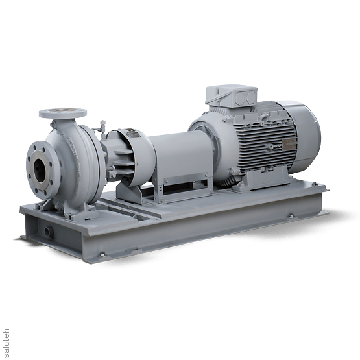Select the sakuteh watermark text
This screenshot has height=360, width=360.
pyautogui.click(x=6, y=337)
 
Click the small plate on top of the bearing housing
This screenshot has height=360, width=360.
pyautogui.click(x=123, y=133)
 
